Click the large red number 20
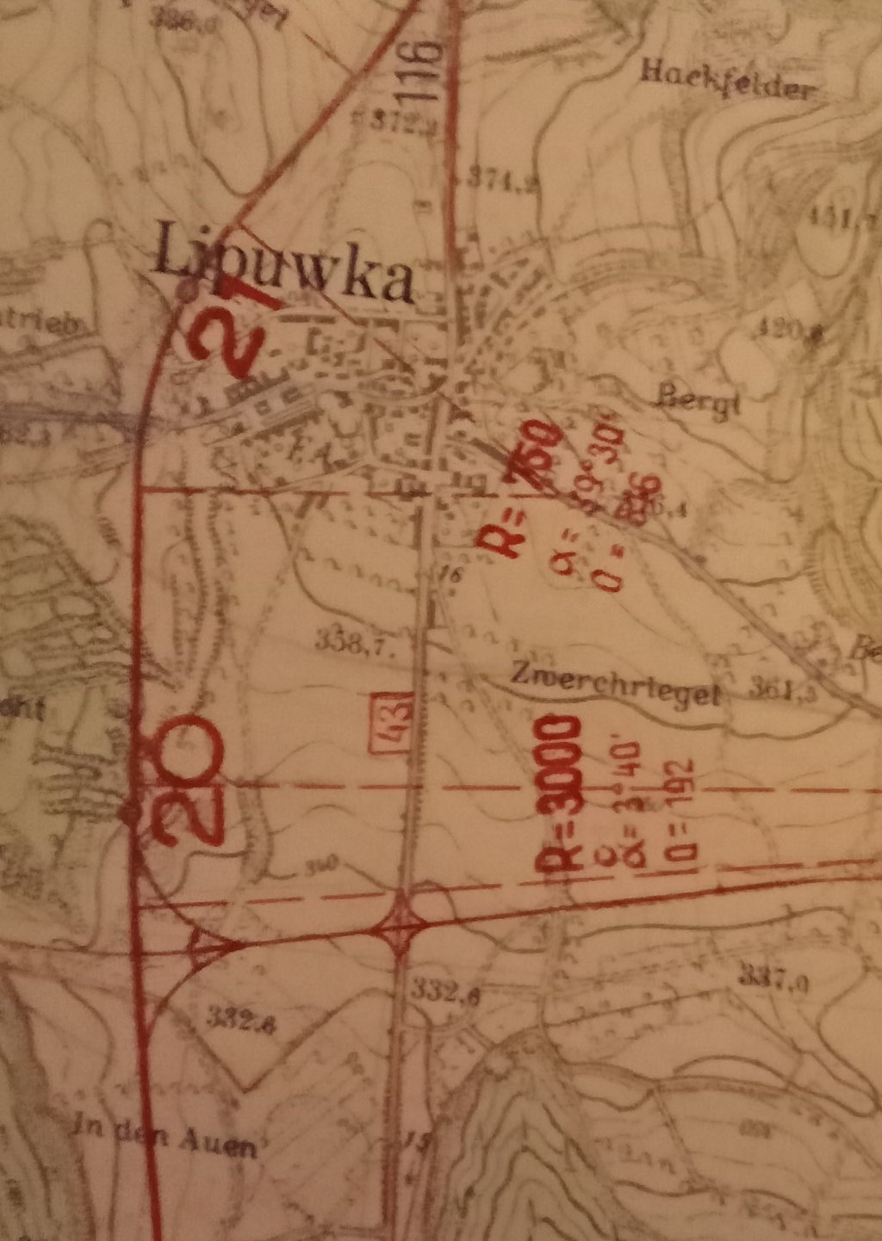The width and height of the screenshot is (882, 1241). [x=183, y=780]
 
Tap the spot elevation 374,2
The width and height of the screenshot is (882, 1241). [x=506, y=180]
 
